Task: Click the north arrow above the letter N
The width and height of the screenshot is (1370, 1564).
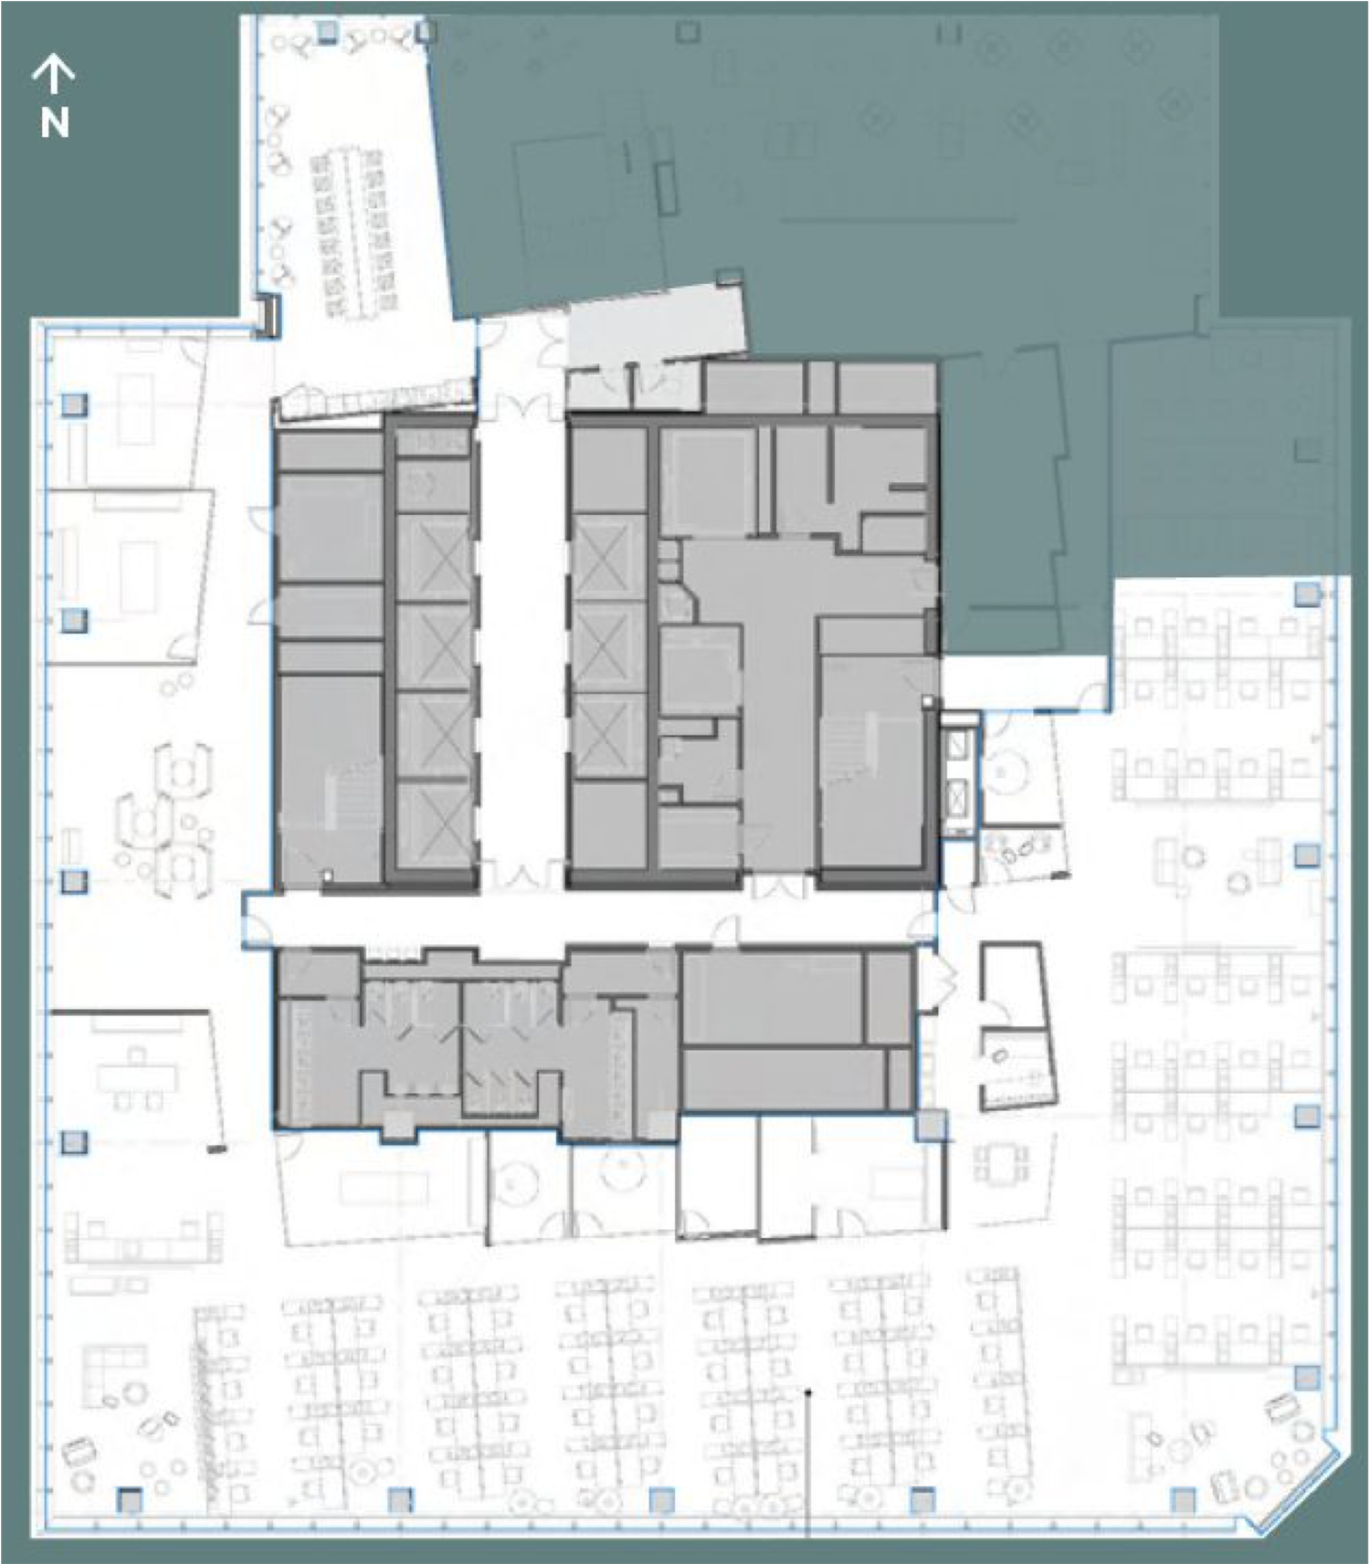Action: tap(54, 74)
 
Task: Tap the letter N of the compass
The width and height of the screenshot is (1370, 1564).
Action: tap(55, 122)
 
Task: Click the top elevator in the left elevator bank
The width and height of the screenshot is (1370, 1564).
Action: tap(433, 558)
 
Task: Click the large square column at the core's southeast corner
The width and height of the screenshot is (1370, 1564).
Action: tap(931, 1126)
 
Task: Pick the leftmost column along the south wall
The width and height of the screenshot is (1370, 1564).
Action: tap(130, 1499)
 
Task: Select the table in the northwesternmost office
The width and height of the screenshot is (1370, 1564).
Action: tap(135, 407)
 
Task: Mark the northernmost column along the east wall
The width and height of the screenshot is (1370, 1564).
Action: tap(1308, 594)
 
